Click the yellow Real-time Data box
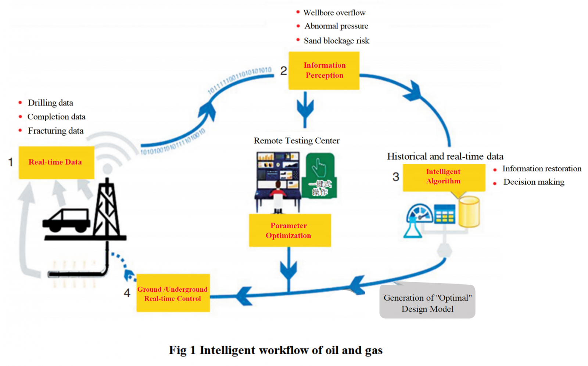click(x=56, y=162)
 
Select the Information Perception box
click(x=324, y=70)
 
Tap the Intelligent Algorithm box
click(x=444, y=177)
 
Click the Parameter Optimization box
click(x=290, y=230)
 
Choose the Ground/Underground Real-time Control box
click(x=173, y=293)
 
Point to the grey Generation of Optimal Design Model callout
click(x=427, y=302)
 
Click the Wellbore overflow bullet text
click(x=334, y=13)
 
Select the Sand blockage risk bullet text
click(x=336, y=41)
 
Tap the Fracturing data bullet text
click(x=55, y=131)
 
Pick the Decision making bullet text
click(x=534, y=182)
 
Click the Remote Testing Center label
click(x=296, y=141)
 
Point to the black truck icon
click(x=66, y=220)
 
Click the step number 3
click(x=395, y=177)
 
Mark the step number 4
click(x=127, y=293)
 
